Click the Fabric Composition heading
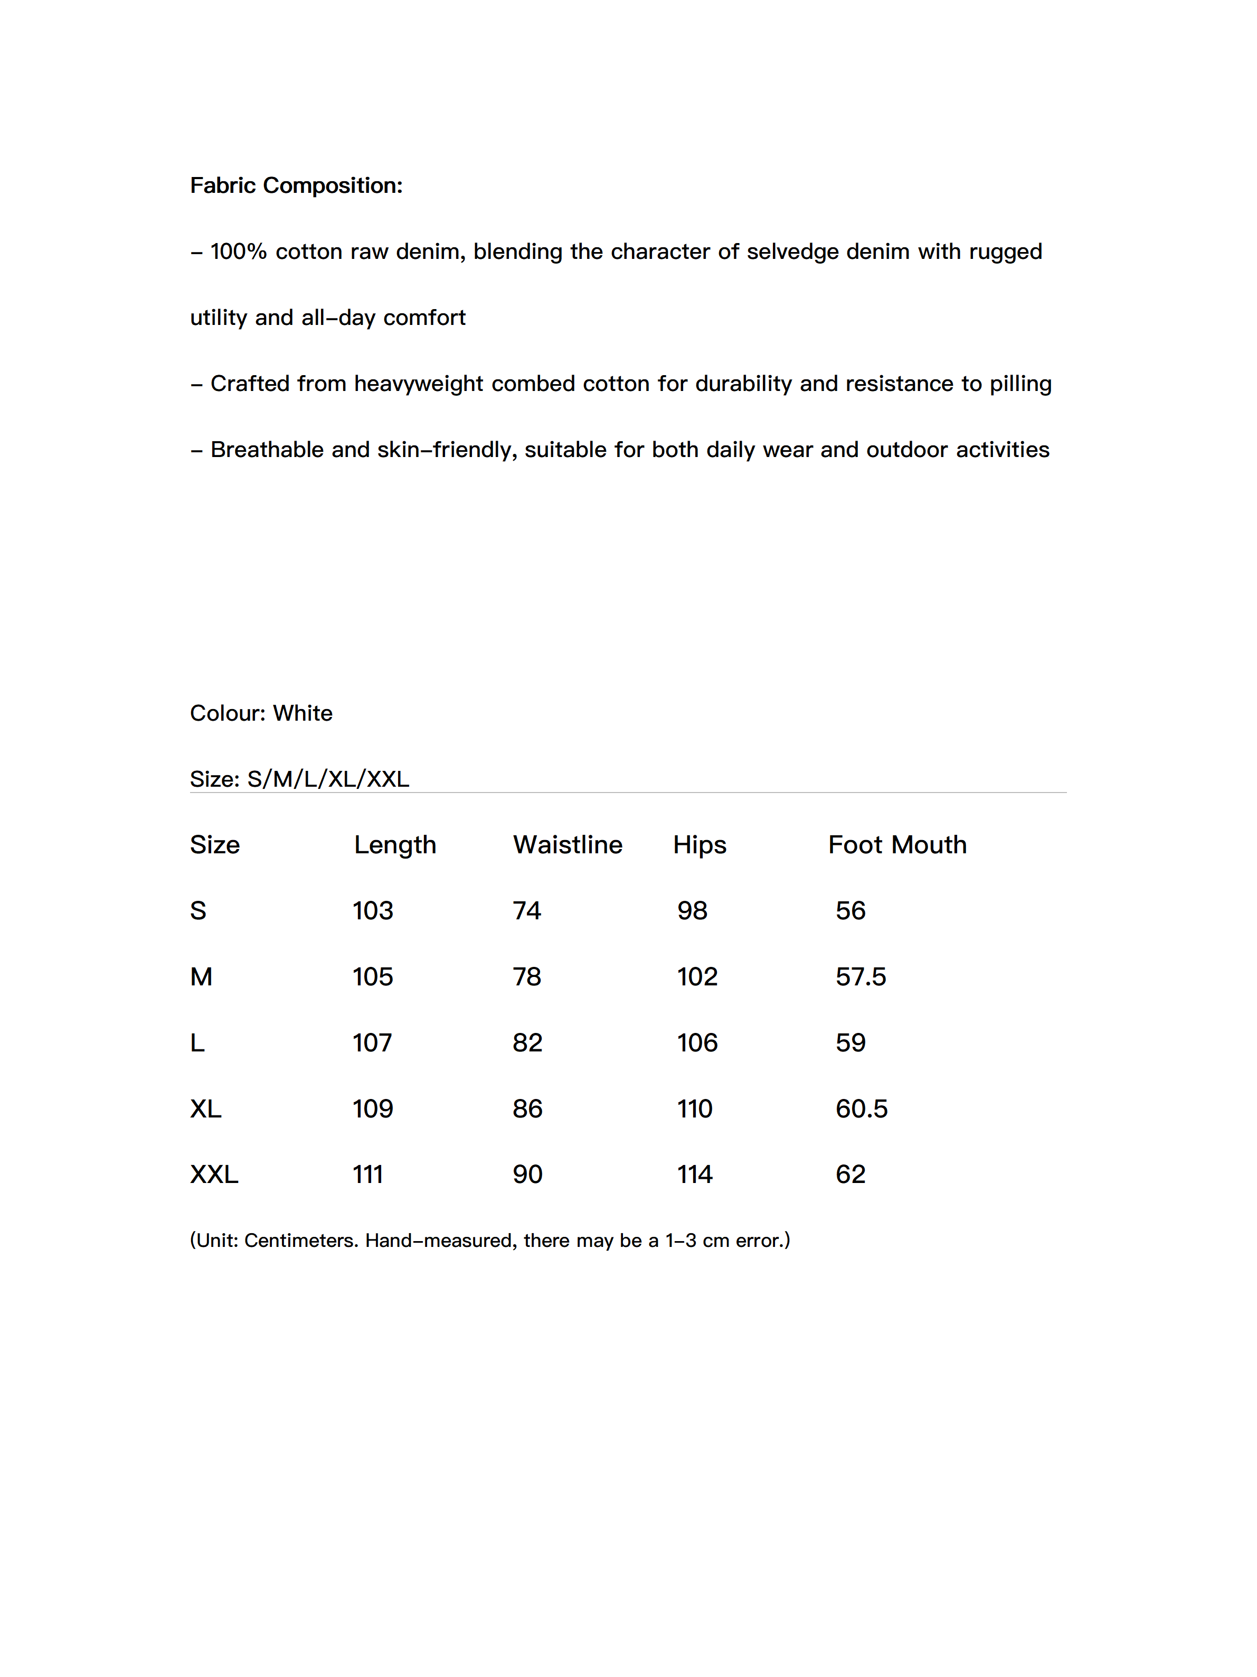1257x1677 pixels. pyautogui.click(x=296, y=186)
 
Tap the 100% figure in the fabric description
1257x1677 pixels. pyautogui.click(x=238, y=251)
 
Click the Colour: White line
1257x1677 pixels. pyautogui.click(x=261, y=713)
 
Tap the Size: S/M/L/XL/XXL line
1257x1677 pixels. pyautogui.click(x=299, y=779)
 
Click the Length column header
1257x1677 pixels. pyautogui.click(x=395, y=844)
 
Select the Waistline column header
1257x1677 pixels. pyautogui.click(x=568, y=844)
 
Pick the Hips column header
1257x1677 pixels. pyautogui.click(x=700, y=844)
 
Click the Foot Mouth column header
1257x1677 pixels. pyautogui.click(x=897, y=844)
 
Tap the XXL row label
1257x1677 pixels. pyautogui.click(x=214, y=1175)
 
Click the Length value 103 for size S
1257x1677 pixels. pyautogui.click(x=373, y=910)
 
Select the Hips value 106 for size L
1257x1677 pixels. pyautogui.click(x=697, y=1042)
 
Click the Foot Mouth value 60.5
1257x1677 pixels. pyautogui.click(x=862, y=1108)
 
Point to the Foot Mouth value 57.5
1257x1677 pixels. pyautogui.click(x=861, y=976)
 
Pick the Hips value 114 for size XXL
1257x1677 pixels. pyautogui.click(x=695, y=1175)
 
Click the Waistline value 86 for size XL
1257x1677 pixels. pyautogui.click(x=527, y=1108)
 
